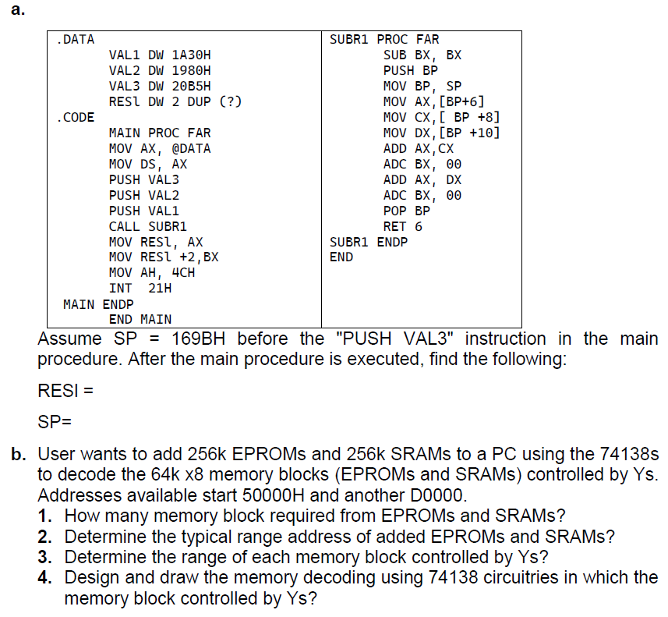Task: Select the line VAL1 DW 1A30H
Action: (x=160, y=55)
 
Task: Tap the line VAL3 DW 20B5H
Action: (x=160, y=86)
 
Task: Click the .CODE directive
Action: (x=76, y=117)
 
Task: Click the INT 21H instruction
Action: (x=140, y=288)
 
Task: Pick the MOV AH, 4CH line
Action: (x=151, y=273)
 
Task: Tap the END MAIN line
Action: (x=140, y=318)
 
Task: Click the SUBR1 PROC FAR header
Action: (x=384, y=39)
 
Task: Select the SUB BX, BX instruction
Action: (x=422, y=55)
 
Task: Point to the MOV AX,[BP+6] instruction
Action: (x=434, y=101)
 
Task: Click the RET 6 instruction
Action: (x=403, y=226)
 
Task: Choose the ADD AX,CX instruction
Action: (x=419, y=148)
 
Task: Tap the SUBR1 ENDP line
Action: (x=369, y=242)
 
